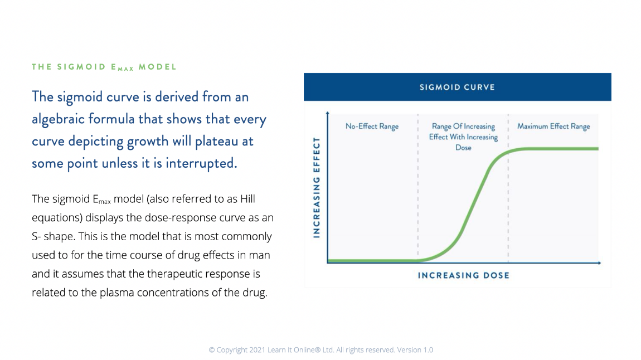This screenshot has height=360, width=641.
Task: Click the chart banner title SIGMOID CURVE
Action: (457, 87)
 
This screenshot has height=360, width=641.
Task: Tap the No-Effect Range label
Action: (372, 127)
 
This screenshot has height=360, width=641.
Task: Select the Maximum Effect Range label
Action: (553, 127)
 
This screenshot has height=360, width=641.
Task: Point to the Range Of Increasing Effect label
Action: (463, 137)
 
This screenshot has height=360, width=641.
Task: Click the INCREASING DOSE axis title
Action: (464, 275)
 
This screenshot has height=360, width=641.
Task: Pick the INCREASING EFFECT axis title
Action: (316, 187)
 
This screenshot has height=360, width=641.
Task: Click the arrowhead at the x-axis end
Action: (599, 262)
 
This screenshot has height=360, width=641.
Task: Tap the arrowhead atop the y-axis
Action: (327, 113)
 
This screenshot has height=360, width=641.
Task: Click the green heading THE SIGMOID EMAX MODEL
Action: (104, 67)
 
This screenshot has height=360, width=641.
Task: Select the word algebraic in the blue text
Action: (59, 119)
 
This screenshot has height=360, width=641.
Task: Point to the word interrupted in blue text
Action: (201, 163)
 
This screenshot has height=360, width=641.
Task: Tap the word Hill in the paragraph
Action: (247, 199)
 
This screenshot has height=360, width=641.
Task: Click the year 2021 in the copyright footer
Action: (257, 350)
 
